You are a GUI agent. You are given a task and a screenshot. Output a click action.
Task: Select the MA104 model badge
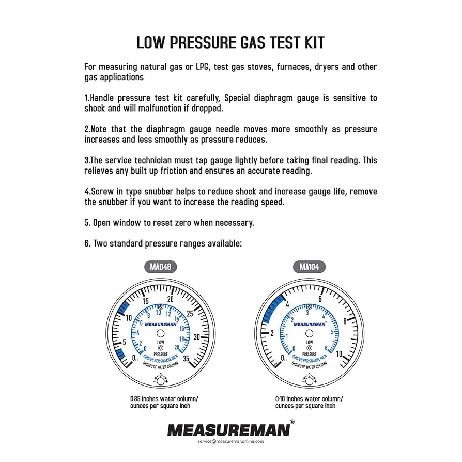[x=310, y=267]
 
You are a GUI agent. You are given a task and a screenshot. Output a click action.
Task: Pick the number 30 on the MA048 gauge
[x=197, y=336]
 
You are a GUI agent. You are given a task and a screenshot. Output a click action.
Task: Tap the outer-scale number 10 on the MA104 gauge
[x=339, y=355]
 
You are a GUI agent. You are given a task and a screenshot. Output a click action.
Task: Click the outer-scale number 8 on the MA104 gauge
[x=345, y=321]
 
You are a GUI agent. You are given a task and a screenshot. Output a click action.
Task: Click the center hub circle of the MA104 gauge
[x=310, y=334]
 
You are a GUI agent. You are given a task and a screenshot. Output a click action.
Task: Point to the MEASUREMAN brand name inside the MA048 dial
[x=160, y=324]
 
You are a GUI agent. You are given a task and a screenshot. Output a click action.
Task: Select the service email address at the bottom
[x=230, y=441]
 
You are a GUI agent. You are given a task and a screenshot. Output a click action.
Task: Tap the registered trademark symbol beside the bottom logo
[x=292, y=422]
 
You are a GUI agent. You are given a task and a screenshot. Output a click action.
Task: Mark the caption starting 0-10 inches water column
[x=309, y=402]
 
